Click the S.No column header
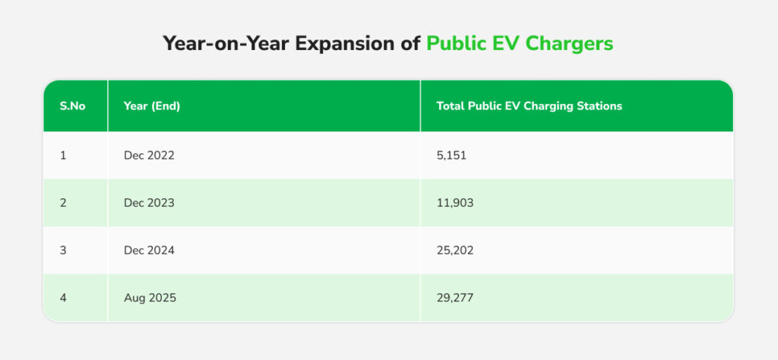point(73,106)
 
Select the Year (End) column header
point(152,106)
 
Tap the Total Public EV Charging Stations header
point(529,106)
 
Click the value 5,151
point(452,156)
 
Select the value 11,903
point(455,203)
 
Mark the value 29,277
point(456,298)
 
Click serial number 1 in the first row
point(63,156)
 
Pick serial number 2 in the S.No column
point(64,203)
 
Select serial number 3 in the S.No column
point(64,251)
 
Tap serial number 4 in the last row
point(64,298)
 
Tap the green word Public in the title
point(452,44)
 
